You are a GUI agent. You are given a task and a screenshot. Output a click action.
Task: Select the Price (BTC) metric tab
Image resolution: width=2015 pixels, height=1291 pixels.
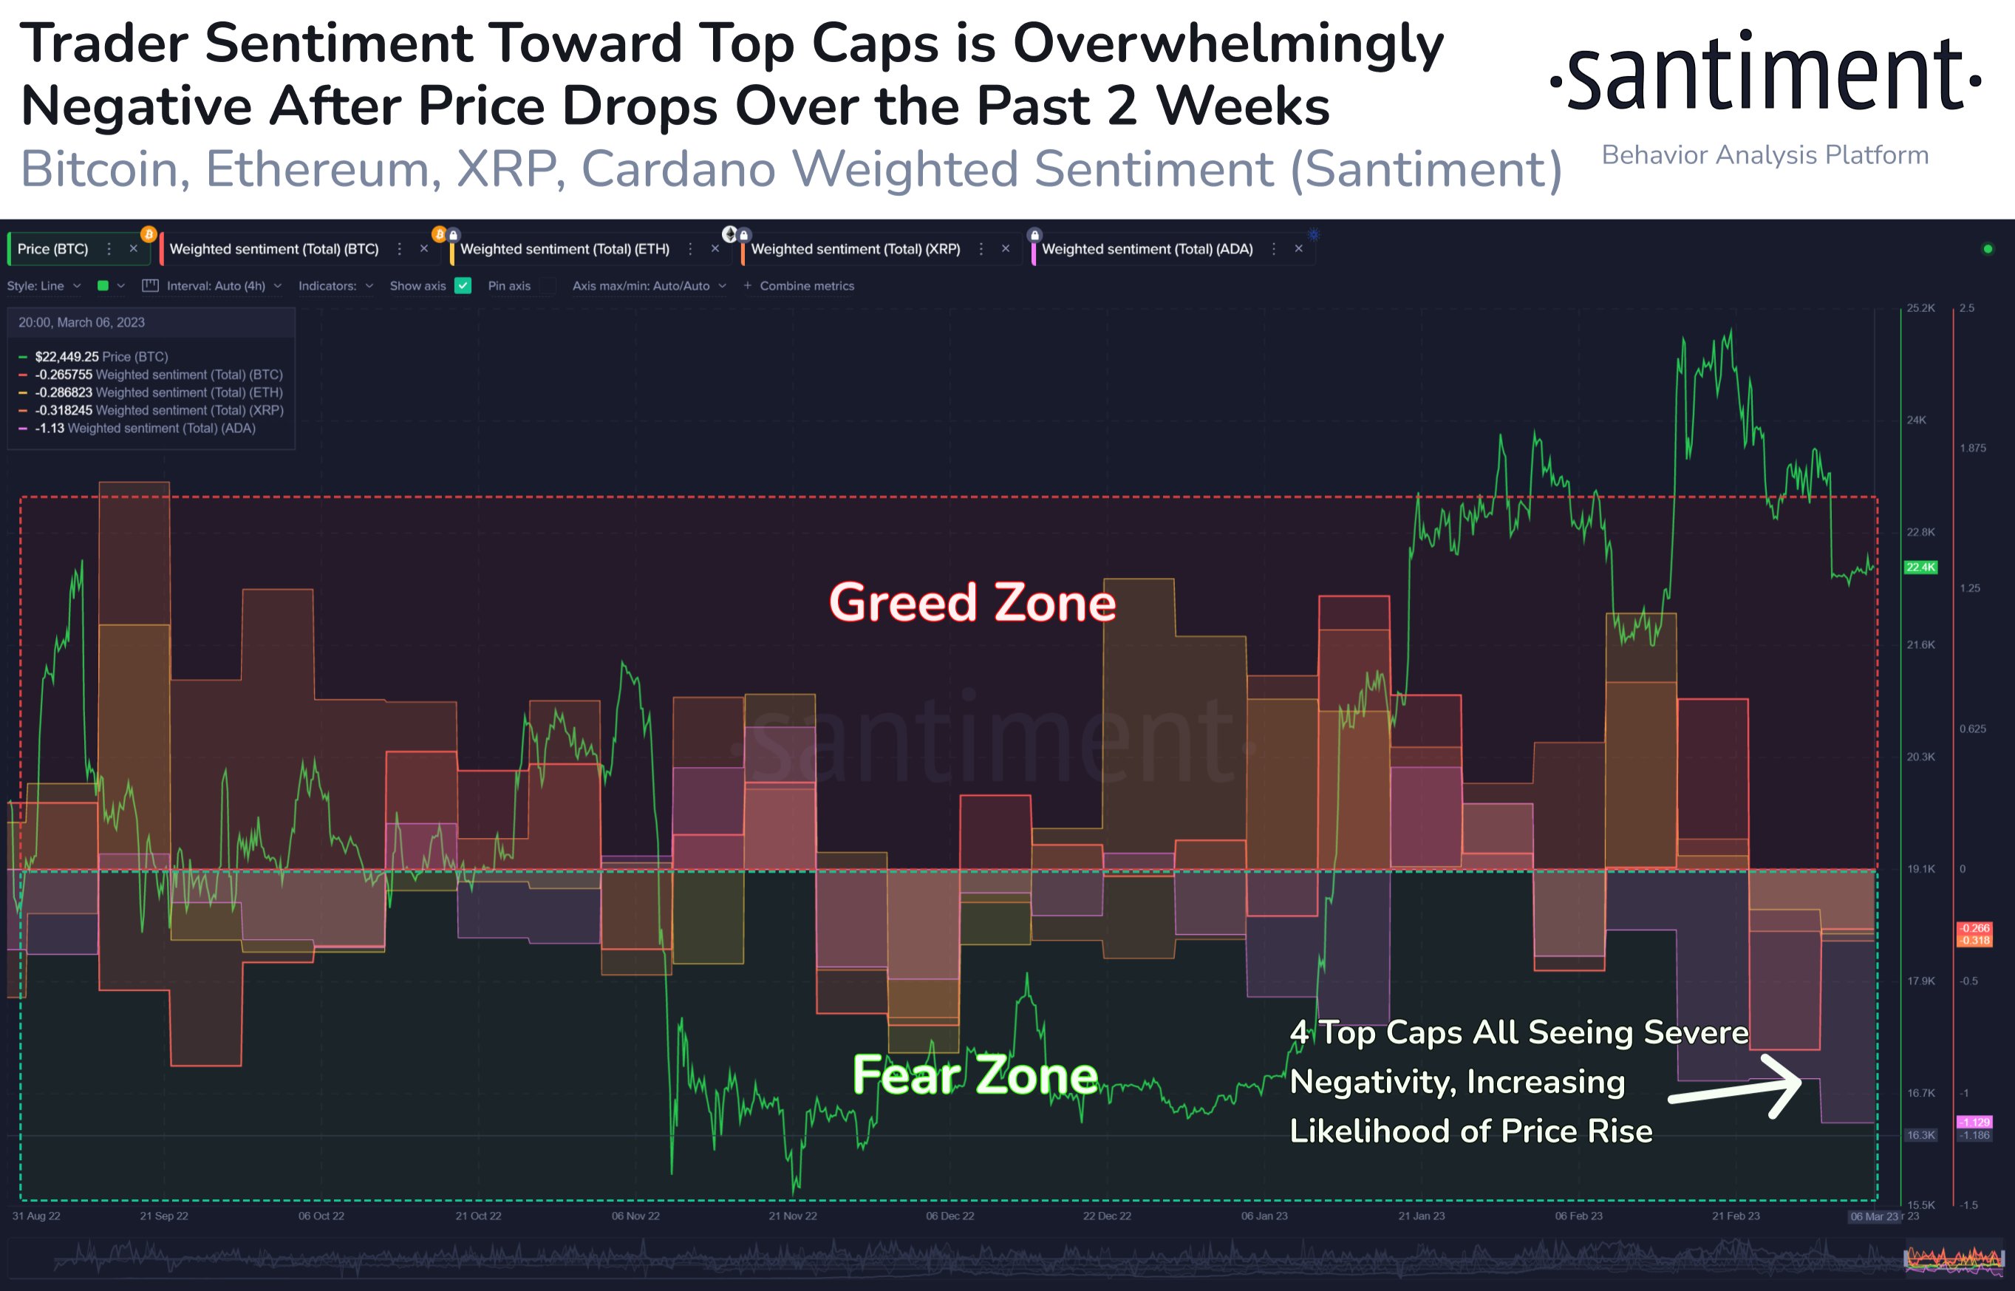pos(52,249)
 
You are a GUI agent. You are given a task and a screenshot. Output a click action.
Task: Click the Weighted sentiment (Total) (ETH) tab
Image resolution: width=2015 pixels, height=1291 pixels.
pos(564,249)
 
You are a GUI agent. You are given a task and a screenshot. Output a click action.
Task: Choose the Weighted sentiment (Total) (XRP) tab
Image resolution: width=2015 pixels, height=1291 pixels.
pos(855,249)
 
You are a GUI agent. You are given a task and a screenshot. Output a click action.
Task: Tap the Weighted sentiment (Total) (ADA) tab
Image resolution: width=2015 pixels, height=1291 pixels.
pos(1147,249)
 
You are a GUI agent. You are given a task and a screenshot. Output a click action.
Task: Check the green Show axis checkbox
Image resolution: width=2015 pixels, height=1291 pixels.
pos(463,286)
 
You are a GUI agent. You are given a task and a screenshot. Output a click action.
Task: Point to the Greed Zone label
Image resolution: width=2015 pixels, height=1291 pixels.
pos(972,603)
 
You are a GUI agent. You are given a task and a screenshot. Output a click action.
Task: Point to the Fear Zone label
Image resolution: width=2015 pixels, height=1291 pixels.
pos(975,1074)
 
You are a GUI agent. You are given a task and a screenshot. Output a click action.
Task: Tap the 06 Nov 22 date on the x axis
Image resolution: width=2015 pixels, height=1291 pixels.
pos(635,1216)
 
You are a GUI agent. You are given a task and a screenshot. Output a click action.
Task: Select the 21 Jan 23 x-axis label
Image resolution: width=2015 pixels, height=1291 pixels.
pos(1422,1216)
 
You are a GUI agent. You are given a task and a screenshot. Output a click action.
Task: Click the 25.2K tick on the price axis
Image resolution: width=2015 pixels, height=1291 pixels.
pos(1920,308)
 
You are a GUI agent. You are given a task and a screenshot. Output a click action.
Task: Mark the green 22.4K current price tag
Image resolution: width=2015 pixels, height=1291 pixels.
pos(1920,568)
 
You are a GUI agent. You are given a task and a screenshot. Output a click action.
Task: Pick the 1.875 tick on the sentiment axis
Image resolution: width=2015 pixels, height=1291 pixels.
pos(1972,449)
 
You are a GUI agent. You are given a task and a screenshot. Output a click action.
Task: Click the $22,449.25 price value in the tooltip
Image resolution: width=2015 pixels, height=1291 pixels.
pos(67,357)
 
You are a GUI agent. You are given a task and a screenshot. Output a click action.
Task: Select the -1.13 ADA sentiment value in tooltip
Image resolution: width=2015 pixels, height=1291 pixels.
pos(50,429)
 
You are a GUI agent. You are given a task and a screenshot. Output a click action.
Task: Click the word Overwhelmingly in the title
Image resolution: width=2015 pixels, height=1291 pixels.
pos(1228,44)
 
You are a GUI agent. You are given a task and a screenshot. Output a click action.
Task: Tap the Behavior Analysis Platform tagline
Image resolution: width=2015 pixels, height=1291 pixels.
pos(1765,155)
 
